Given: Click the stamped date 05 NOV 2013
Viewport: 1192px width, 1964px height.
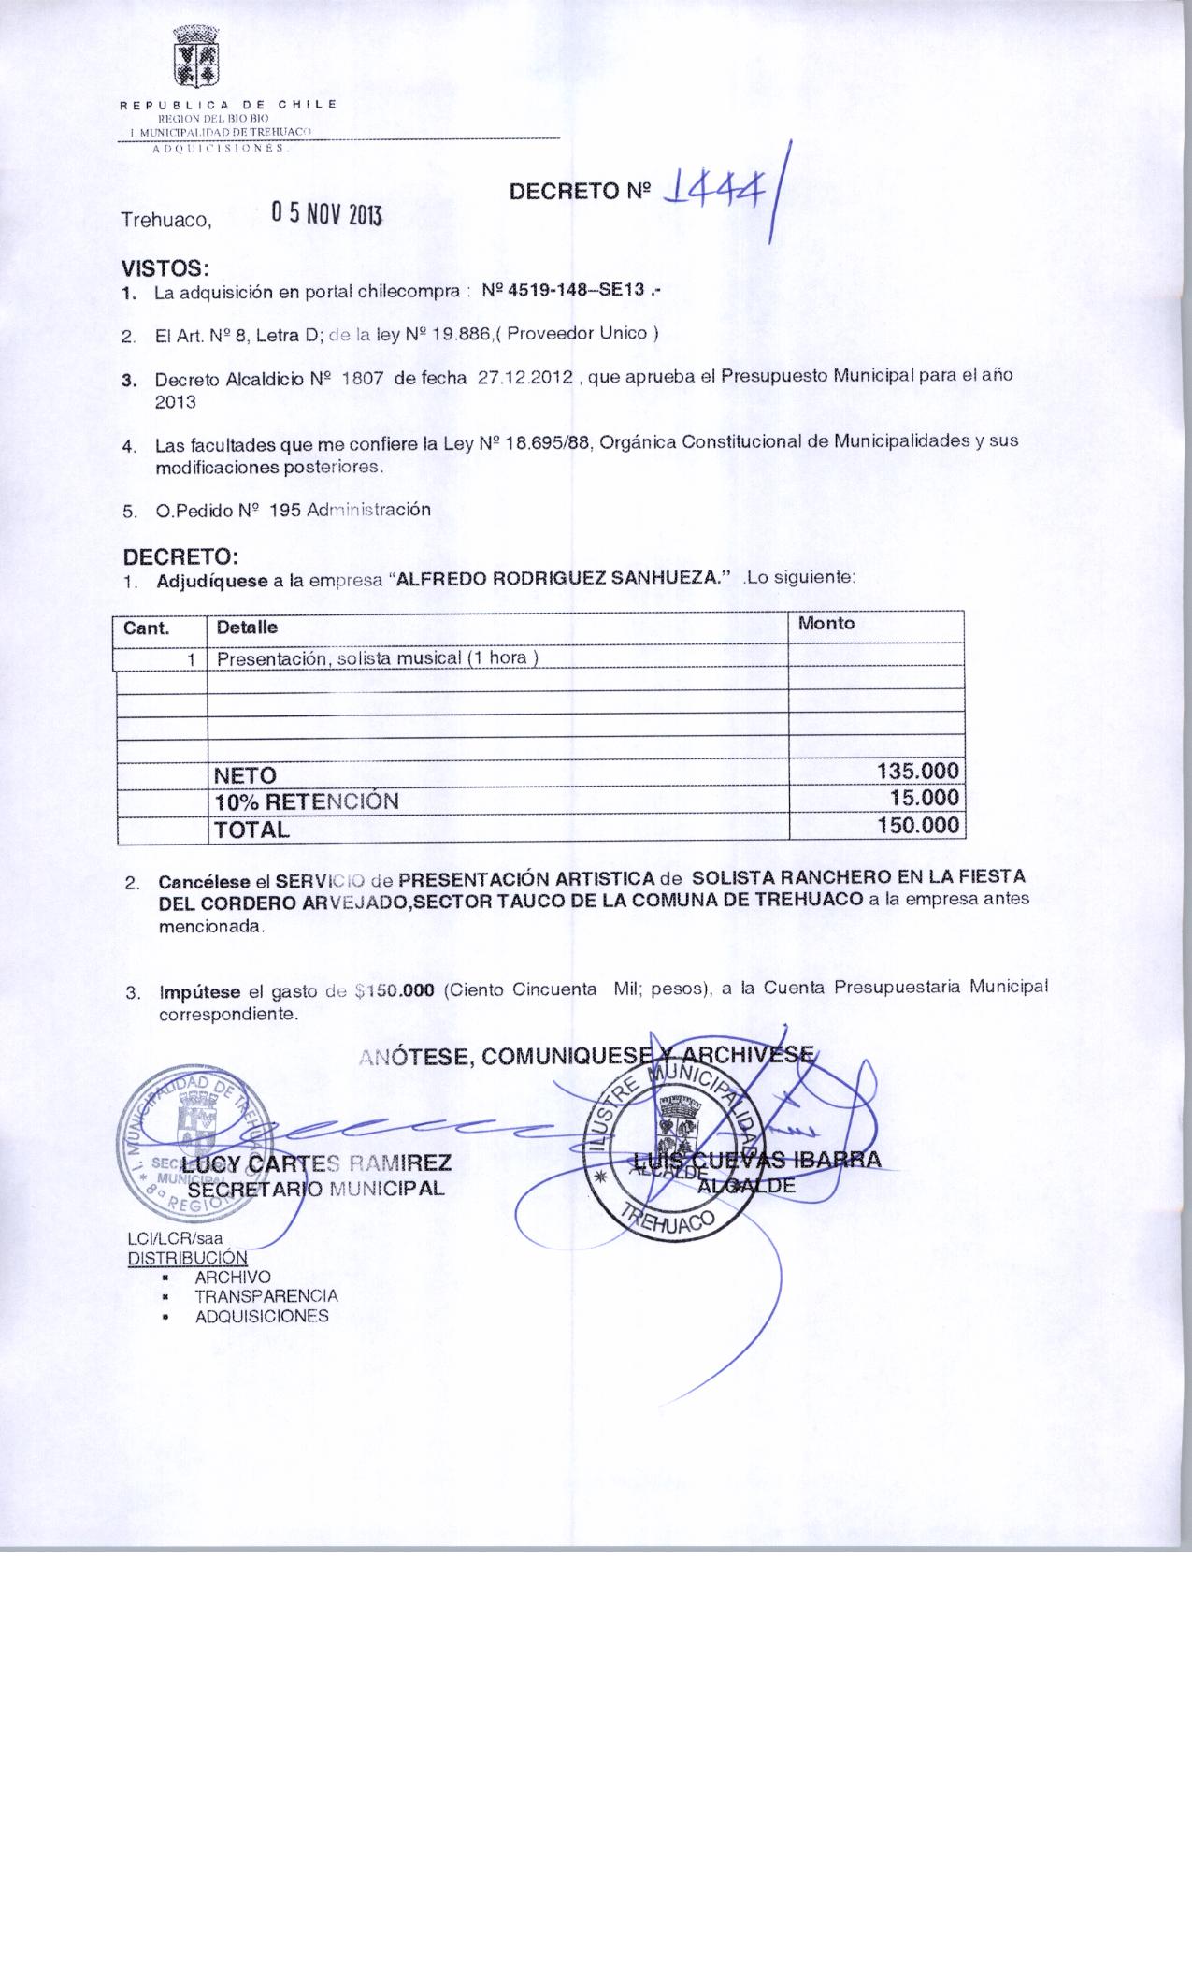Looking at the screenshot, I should [x=326, y=214].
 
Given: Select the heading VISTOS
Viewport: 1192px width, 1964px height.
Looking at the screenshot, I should [x=164, y=268].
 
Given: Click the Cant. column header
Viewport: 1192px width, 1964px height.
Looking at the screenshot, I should [x=147, y=628].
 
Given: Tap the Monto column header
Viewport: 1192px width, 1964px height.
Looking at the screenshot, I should [x=826, y=623].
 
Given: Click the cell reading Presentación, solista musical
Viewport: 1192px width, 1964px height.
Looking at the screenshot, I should [x=378, y=658].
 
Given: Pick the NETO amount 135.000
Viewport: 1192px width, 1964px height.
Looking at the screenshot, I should [x=918, y=772].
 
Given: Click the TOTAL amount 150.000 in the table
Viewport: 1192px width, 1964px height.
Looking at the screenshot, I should [x=918, y=825].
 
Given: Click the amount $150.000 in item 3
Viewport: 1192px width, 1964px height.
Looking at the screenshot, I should [x=396, y=992].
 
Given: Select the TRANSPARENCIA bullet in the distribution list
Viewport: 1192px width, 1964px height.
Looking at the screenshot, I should [x=266, y=1296].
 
